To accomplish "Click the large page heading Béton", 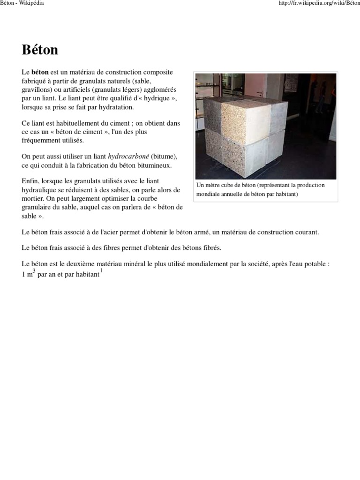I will (40, 50).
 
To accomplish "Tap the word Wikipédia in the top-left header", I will (32, 4).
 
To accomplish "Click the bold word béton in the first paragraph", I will (40, 72).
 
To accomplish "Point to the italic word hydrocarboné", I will (127, 156).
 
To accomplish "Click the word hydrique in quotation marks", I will (155, 98).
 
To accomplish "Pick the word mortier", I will (32, 198).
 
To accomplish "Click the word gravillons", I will (38, 90).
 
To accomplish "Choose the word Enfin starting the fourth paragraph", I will (30, 181).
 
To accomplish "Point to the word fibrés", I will (211, 247).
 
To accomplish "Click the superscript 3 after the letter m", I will (34, 270).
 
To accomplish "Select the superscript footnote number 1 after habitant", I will (101, 270).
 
